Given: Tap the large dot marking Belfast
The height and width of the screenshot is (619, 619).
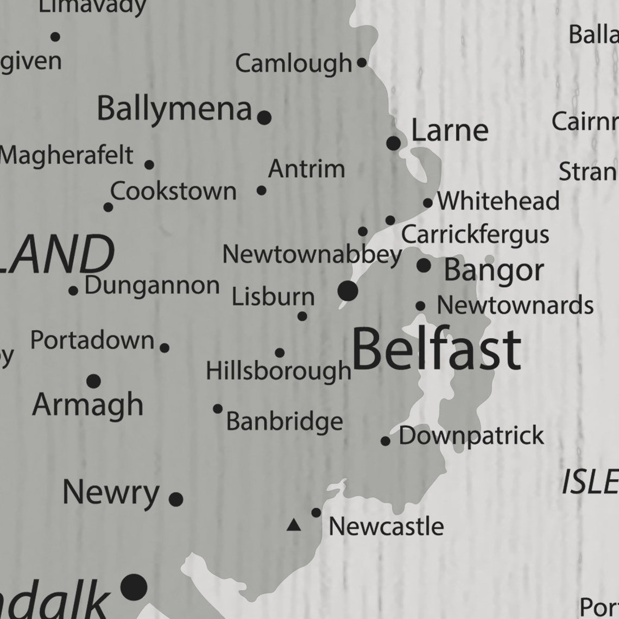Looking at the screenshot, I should coord(348,291).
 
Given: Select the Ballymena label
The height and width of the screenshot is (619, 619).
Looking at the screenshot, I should coord(174,109).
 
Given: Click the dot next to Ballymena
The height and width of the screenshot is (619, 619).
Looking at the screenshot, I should coord(264,117).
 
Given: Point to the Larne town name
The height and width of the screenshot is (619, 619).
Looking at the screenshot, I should coord(450,130).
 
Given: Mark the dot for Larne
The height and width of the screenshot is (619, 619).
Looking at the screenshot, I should coord(394,143).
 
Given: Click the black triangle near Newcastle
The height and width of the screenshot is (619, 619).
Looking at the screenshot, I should coord(294,525).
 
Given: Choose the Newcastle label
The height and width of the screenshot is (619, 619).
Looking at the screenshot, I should coord(386,526).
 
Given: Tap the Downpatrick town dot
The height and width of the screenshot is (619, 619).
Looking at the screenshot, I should coord(386,441).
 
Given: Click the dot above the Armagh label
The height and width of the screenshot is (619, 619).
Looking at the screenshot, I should coord(93,381).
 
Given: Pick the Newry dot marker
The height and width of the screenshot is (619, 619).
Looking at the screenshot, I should coord(176,499).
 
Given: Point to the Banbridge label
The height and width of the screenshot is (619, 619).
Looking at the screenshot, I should coord(285,421).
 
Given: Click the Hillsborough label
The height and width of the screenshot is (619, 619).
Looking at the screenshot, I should coord(279,371).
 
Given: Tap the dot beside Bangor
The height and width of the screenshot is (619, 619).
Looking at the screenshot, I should coord(424,266).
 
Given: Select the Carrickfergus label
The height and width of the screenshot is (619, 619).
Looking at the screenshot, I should coord(475,235).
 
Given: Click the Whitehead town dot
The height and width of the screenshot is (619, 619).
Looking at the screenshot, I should coord(428,203).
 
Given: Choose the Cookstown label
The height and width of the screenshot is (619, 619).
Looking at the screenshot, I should coord(174,192).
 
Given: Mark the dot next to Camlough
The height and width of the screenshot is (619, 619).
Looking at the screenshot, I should coord(362,63).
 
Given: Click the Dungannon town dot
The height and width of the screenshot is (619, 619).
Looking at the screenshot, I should coord(73,290).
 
